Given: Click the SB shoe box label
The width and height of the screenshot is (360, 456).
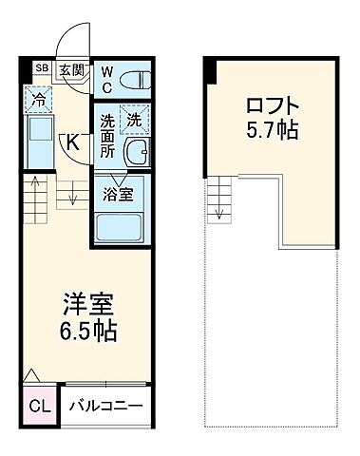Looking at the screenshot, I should (x=41, y=67).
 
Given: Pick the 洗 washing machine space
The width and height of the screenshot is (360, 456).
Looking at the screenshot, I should (x=134, y=121).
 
